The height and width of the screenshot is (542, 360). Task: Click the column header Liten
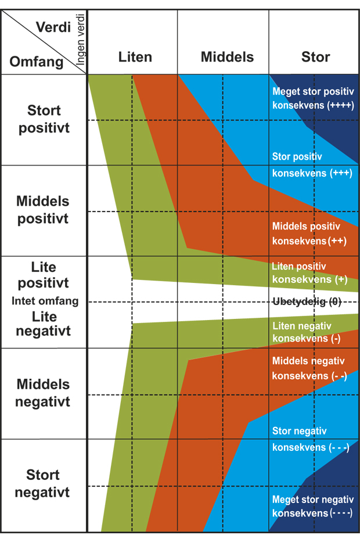[x=135, y=57]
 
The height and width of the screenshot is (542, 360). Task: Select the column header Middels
[x=227, y=57]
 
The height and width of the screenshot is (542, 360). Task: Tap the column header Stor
[x=315, y=57]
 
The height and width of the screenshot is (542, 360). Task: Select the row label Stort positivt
[x=44, y=119]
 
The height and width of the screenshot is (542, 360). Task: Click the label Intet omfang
[x=45, y=301]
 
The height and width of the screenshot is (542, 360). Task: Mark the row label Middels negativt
[x=43, y=393]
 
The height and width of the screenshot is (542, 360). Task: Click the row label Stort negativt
[x=42, y=484]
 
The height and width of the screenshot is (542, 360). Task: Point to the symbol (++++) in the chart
[x=341, y=106]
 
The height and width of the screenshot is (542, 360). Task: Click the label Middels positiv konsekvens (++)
[x=309, y=234]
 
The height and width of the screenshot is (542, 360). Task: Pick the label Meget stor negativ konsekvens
[x=312, y=506]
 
